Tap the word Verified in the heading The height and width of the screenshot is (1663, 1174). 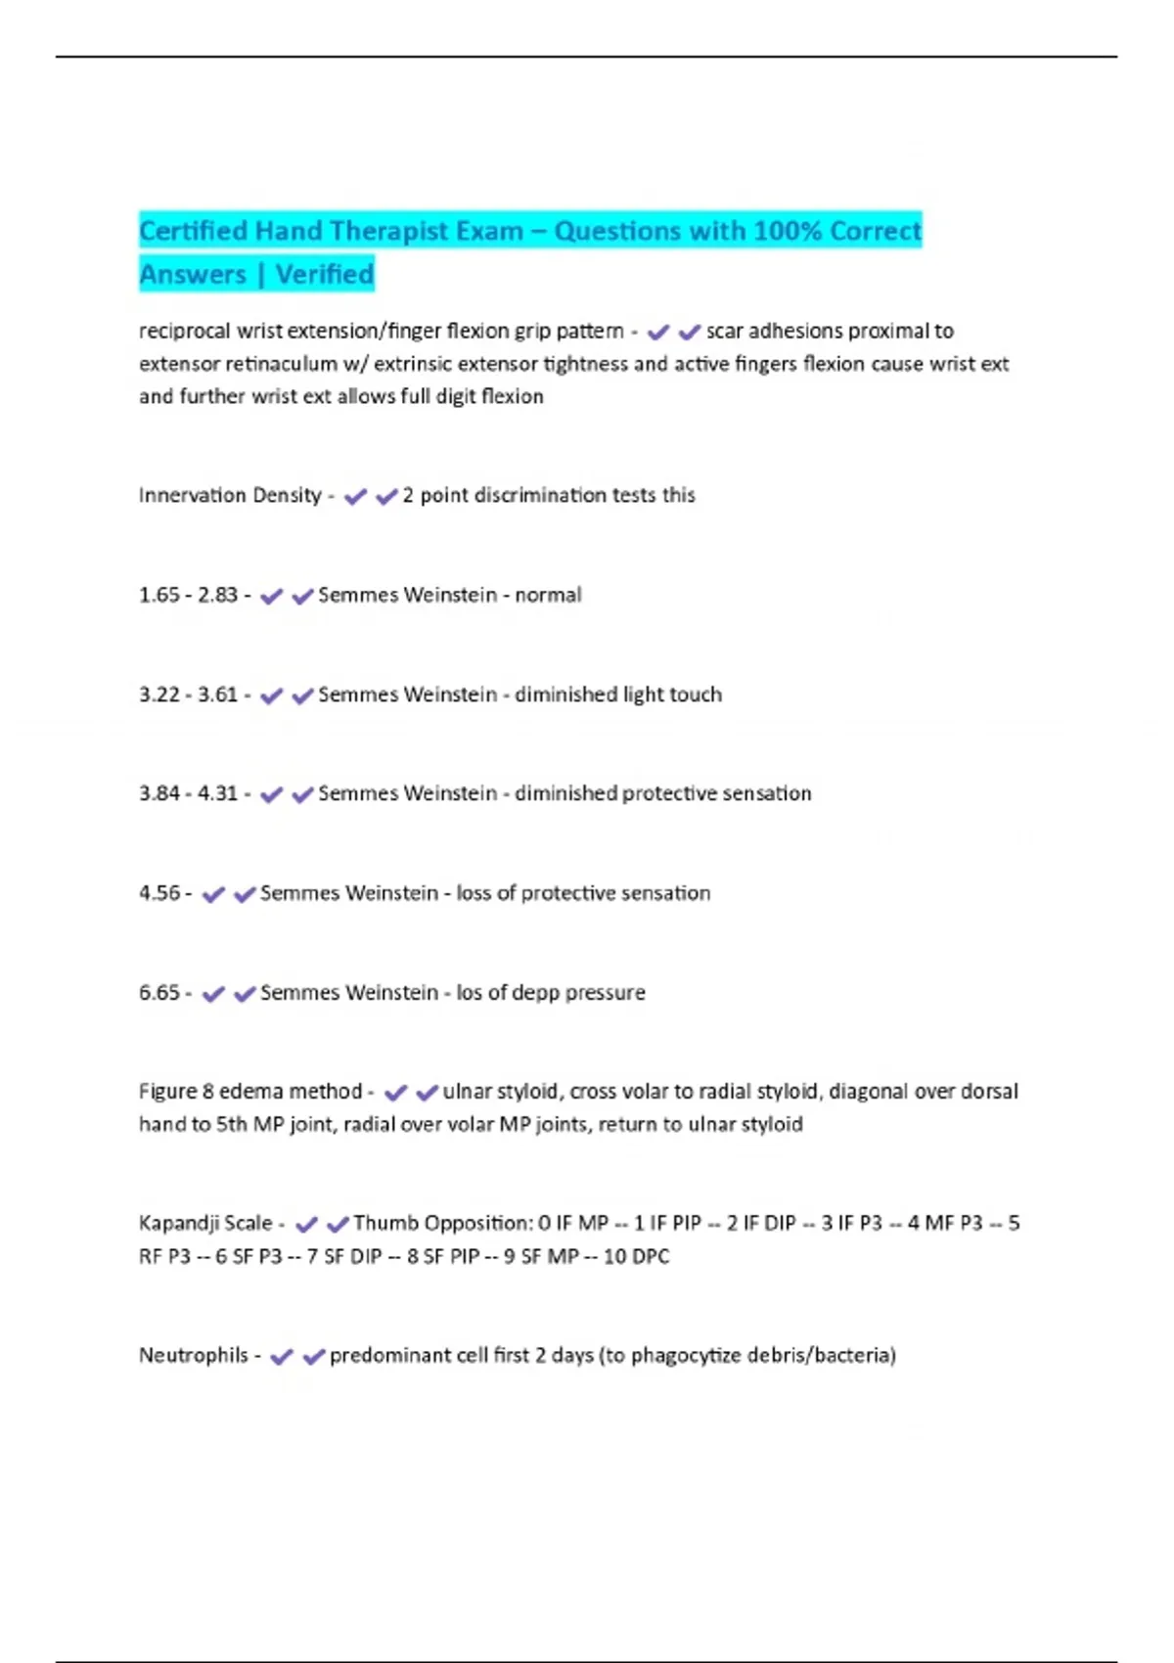coord(324,275)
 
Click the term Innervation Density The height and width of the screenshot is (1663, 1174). coord(230,496)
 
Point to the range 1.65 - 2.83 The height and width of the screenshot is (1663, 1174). coord(188,596)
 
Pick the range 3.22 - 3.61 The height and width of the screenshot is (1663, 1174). coord(188,696)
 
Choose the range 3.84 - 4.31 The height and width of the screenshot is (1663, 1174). coord(188,794)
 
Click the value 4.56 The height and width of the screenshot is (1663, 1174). coord(159,894)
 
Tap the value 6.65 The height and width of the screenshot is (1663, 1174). coord(159,993)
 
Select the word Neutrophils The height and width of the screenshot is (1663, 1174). coord(194,1356)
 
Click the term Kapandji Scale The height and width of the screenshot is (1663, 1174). coord(205,1224)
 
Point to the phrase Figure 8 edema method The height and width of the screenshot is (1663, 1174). coord(250,1092)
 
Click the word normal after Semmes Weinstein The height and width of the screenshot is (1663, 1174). coord(548,596)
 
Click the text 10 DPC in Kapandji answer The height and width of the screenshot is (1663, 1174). coord(636,1257)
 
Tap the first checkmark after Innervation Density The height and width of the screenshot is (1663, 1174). coord(355,497)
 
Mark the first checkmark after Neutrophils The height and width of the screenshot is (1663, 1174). coord(281,1357)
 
